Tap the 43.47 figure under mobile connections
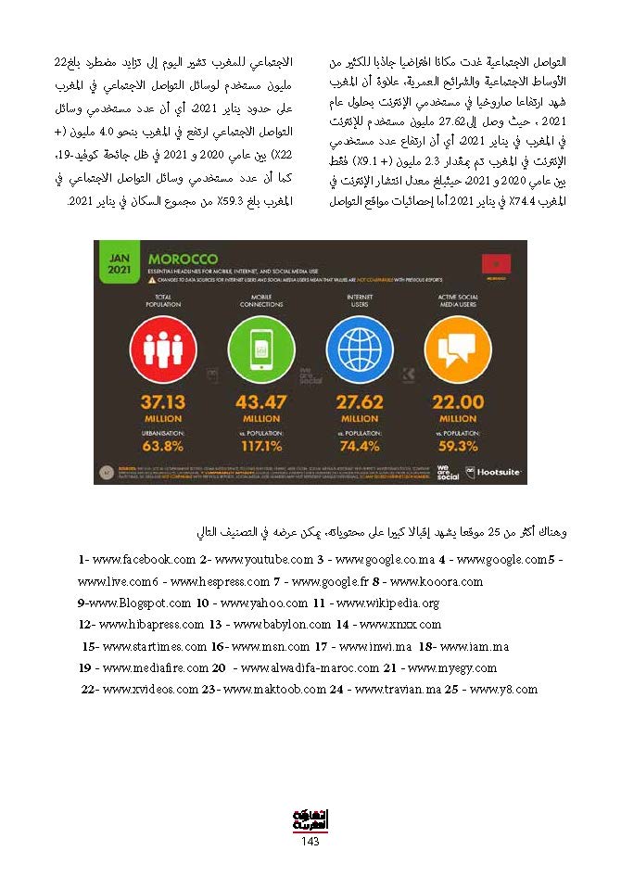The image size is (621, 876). pyautogui.click(x=260, y=402)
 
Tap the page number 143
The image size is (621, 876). pyautogui.click(x=310, y=841)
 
